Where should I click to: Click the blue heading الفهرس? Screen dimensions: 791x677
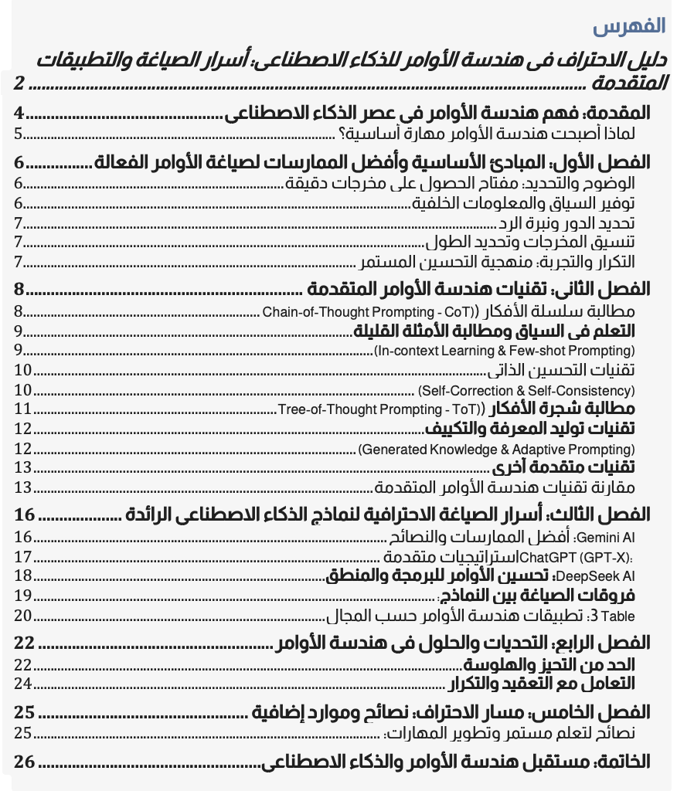tap(629, 26)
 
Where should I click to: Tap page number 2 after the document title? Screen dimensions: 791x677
tap(20, 82)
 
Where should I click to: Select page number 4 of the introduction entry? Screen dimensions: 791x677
tap(19, 114)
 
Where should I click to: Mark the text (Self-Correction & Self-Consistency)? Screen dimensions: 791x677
tap(526, 391)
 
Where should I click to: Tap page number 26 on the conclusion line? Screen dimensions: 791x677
tap(25, 762)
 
